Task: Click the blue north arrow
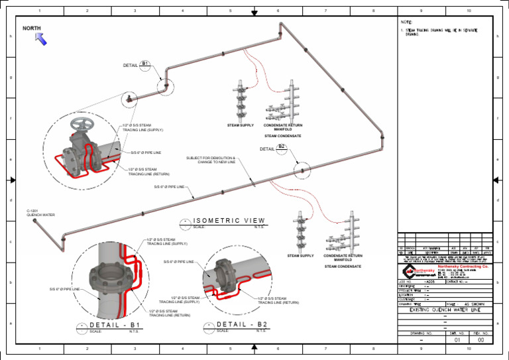[41, 39]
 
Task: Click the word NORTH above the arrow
[32, 29]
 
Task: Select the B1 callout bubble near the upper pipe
[146, 64]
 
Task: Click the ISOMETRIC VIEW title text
[230, 220]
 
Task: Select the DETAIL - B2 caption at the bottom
[242, 324]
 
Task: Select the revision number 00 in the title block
[481, 339]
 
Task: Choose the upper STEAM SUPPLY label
[241, 125]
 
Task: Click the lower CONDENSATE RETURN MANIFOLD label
[343, 257]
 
